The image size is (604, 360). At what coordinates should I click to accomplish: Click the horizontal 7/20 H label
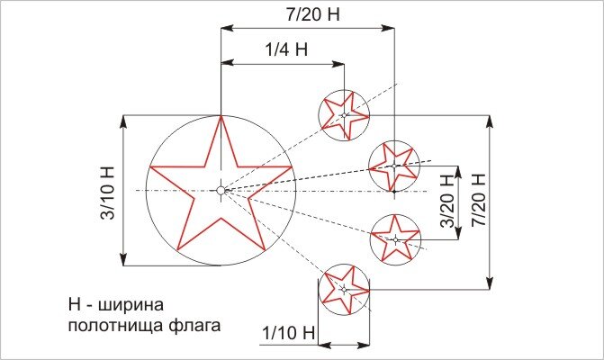[x=307, y=15]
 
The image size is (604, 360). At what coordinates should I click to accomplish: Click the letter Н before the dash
[x=74, y=302]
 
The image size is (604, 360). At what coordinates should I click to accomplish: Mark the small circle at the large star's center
[x=221, y=190]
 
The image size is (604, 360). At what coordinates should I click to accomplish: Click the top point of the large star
[x=221, y=117]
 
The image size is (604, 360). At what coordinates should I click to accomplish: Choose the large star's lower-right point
[x=264, y=249]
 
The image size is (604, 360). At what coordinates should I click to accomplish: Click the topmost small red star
[x=344, y=115]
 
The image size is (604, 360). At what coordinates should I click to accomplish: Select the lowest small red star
[x=344, y=289]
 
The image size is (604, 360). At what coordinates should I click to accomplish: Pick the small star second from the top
[x=394, y=166]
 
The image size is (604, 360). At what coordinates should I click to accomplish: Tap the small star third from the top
[x=396, y=238]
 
